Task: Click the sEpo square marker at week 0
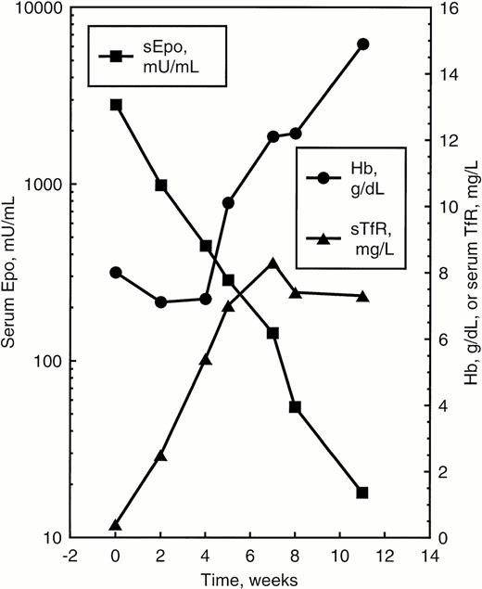(x=116, y=105)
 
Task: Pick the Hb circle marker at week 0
(x=116, y=273)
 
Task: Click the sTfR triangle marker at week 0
(x=116, y=525)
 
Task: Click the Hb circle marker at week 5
(x=228, y=202)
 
